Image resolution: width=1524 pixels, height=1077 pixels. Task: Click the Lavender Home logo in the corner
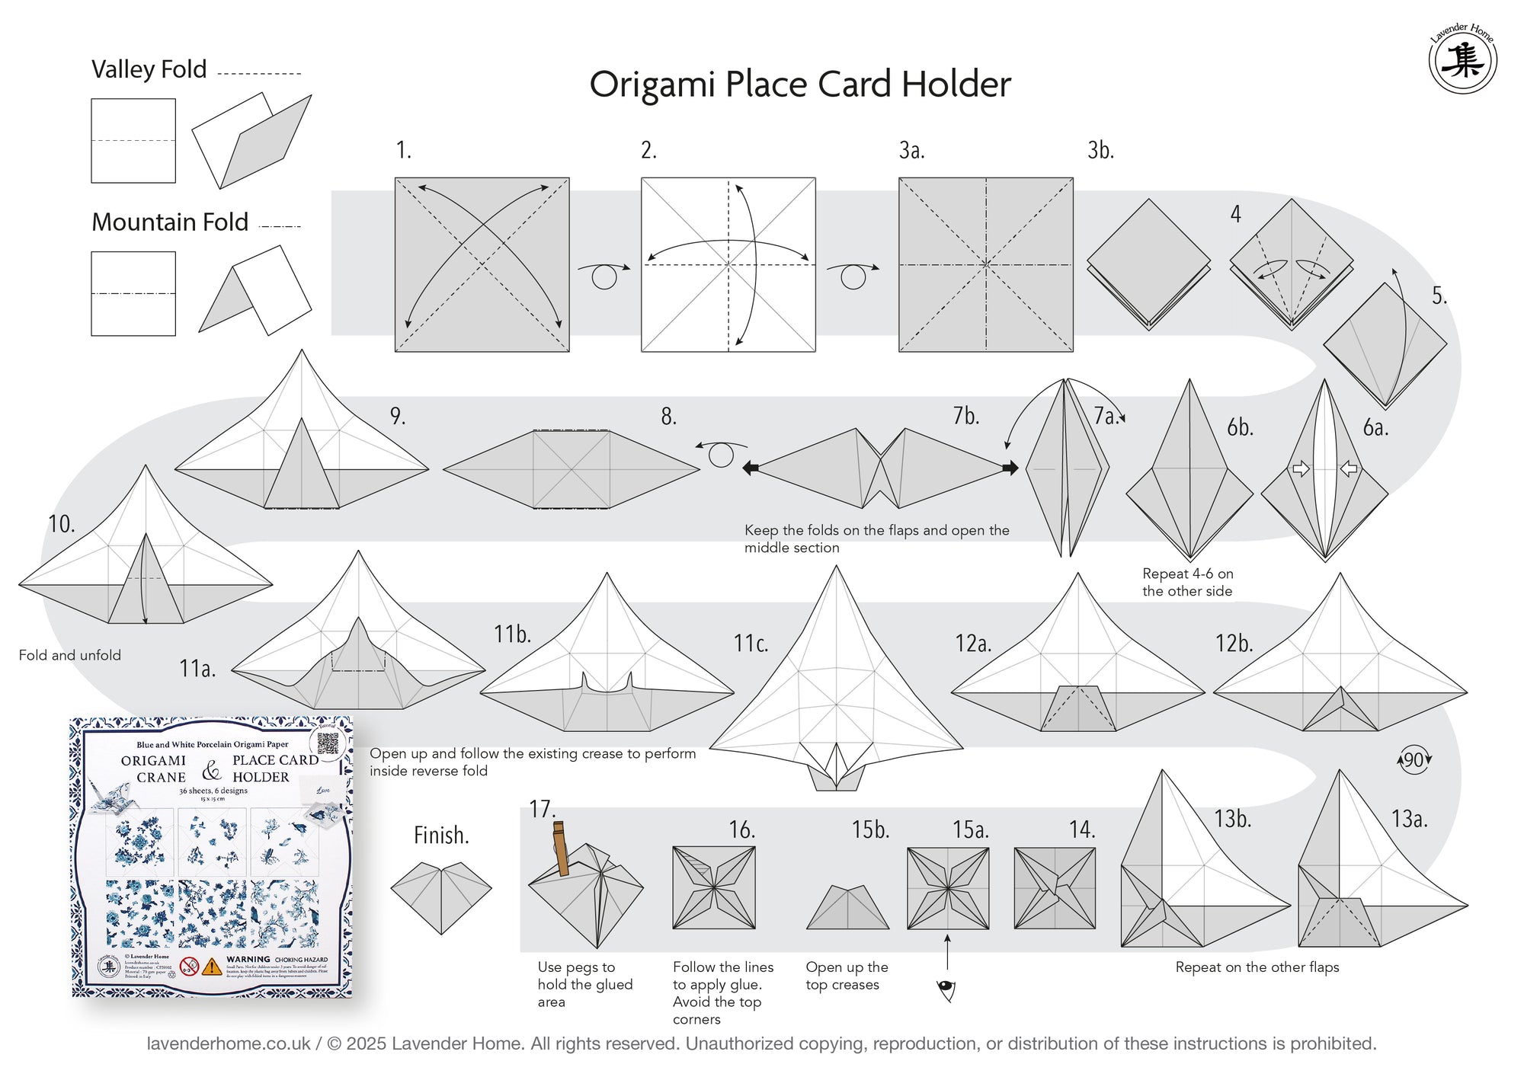pos(1462,59)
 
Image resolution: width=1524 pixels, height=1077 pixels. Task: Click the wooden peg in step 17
pos(561,848)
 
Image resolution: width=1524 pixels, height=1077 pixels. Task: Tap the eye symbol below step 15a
pos(946,989)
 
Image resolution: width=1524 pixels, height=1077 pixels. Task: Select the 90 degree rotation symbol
pos(1414,759)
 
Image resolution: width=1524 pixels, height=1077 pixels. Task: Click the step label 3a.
pos(911,150)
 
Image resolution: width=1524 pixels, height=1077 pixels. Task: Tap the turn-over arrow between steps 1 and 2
pos(604,274)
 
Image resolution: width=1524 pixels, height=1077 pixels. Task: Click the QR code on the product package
pos(328,743)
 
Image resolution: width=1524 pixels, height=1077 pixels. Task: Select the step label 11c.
pos(751,644)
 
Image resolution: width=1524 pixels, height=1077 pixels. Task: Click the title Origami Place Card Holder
pos(799,84)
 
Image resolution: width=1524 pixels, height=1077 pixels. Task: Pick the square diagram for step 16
pos(714,887)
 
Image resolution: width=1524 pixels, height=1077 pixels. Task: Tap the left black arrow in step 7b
pos(751,468)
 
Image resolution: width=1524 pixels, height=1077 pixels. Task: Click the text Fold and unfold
pos(69,655)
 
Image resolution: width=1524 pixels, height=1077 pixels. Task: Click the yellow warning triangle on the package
pos(212,967)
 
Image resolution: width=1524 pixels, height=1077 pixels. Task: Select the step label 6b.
pos(1240,428)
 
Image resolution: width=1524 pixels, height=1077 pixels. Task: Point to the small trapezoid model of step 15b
pos(847,909)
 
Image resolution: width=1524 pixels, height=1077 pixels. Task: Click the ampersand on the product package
pos(211,771)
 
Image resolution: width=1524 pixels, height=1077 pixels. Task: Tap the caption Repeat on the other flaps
pos(1257,967)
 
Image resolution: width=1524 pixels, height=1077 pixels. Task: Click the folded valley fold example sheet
pos(251,141)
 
